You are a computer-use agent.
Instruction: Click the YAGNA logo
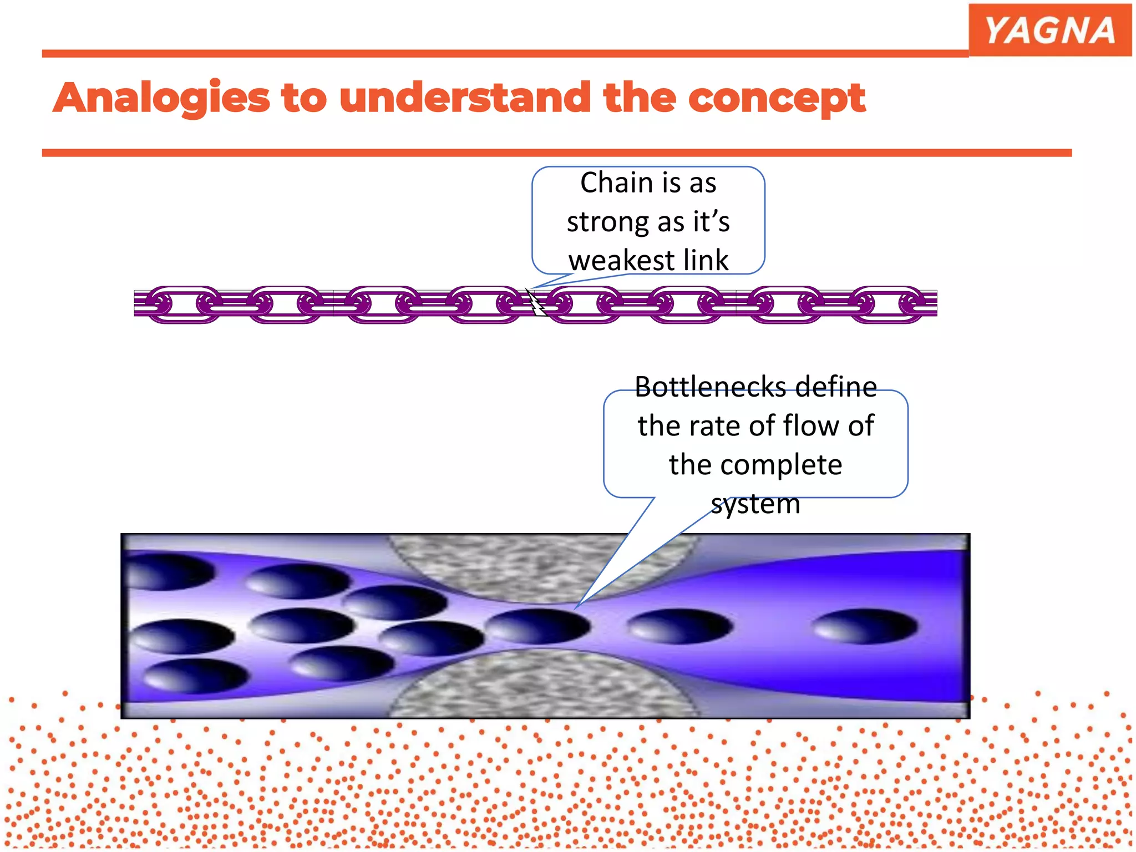point(1049,30)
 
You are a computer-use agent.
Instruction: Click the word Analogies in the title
point(161,98)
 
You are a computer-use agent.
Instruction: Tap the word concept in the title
point(777,98)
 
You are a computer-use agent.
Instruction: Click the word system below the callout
point(755,504)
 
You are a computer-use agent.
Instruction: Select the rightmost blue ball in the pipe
point(864,626)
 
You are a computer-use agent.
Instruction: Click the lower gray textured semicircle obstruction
point(541,685)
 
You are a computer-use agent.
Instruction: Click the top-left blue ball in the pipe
point(166,571)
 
